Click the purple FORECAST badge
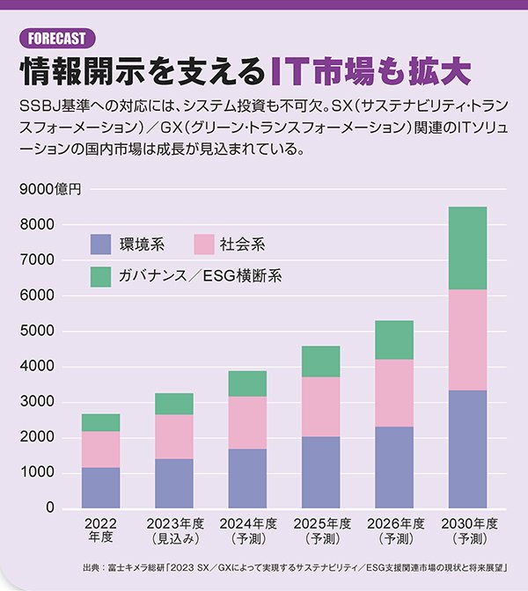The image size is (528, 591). click(55, 38)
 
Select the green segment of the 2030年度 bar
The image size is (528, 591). click(468, 248)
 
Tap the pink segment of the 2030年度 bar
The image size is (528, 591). click(468, 339)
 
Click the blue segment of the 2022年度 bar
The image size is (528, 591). click(100, 488)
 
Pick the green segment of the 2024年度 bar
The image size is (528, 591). click(247, 383)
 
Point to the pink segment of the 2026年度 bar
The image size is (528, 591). click(394, 393)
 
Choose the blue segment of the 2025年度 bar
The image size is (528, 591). click(320, 472)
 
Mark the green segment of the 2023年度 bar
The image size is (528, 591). click(174, 404)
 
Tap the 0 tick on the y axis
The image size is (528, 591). click(50, 508)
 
